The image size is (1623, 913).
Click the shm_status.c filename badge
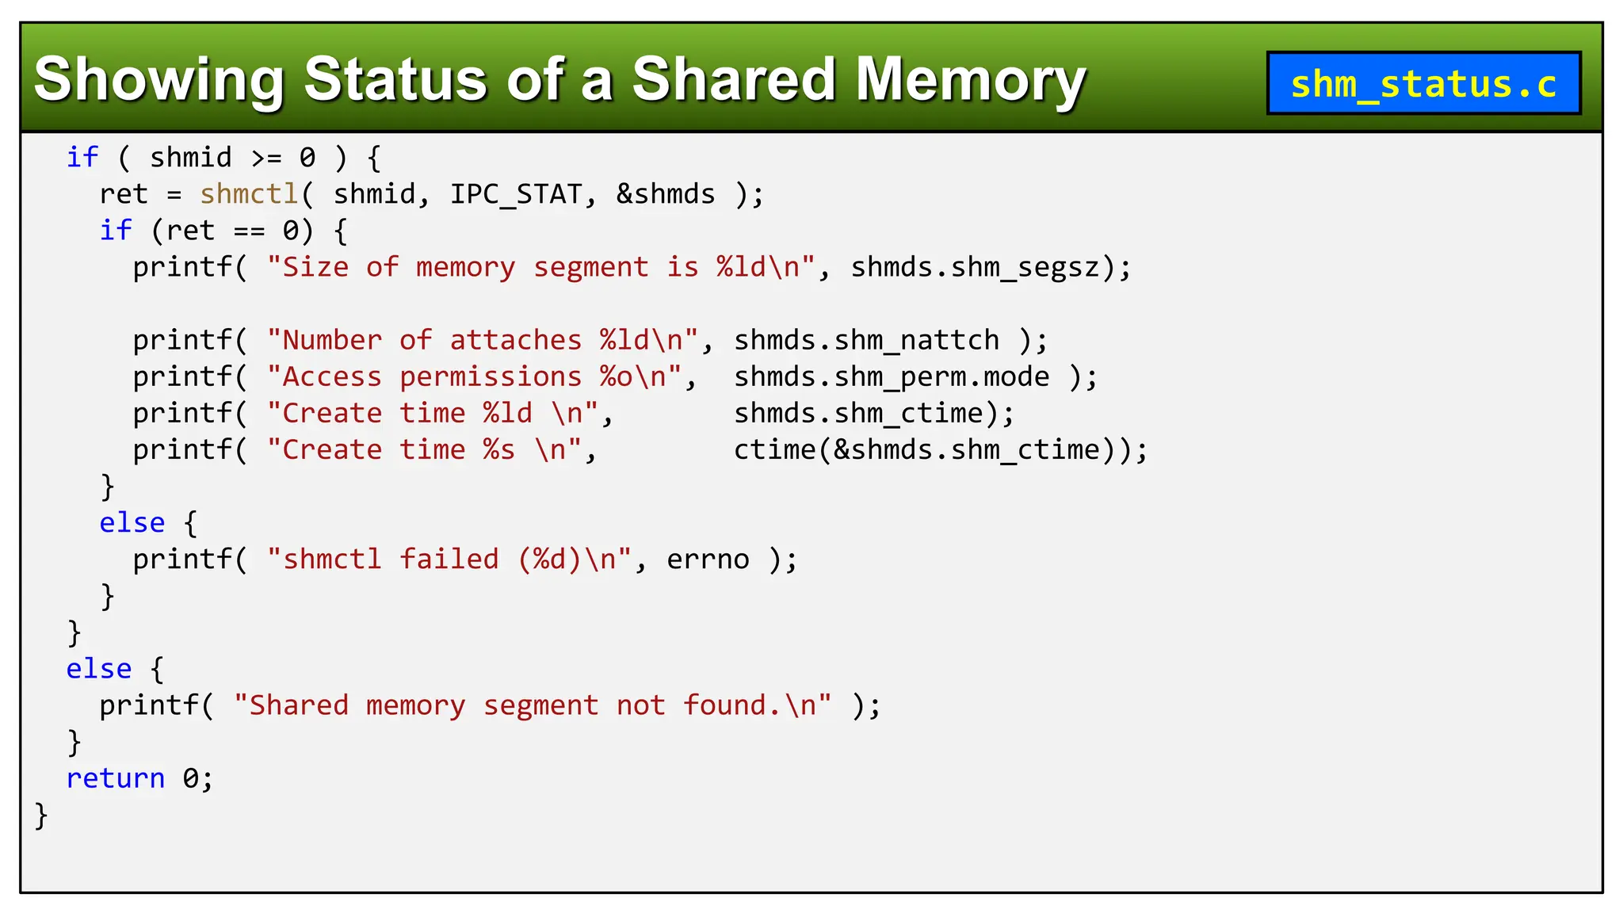1423,83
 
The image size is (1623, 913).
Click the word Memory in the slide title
971,79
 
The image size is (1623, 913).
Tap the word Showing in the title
158,79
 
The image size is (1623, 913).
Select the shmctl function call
249,194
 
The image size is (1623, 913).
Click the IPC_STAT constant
516,194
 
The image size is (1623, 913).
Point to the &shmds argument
666,194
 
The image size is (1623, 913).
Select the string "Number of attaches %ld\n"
483,341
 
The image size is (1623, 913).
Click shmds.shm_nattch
866,341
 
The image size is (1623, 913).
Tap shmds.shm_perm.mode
892,377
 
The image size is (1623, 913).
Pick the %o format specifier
616,377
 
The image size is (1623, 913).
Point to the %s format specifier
499,450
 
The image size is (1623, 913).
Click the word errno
708,560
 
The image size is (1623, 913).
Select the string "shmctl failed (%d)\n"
449,560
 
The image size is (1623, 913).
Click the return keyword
116,779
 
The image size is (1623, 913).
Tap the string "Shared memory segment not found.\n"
533,705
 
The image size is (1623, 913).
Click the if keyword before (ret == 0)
116,231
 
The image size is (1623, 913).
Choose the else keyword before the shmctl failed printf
132,523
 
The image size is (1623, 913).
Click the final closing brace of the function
41,816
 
